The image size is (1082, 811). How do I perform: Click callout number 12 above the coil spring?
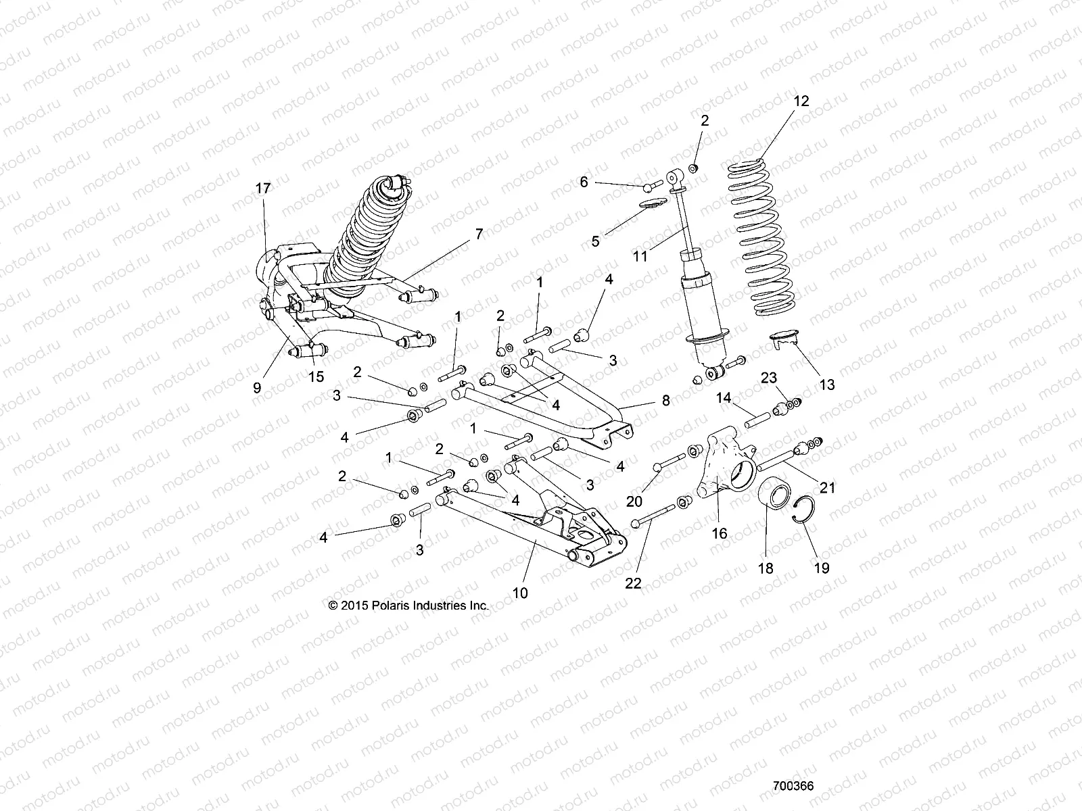coord(801,101)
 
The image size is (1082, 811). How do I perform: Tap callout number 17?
coord(263,188)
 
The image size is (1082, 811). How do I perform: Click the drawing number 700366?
coord(793,787)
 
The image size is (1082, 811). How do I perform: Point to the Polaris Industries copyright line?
coord(408,606)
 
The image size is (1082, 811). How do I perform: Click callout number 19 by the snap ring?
coord(821,568)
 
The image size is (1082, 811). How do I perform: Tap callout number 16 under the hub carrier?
coord(720,534)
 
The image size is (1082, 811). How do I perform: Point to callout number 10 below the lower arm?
coord(520,593)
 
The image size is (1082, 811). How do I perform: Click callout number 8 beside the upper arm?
coord(665,400)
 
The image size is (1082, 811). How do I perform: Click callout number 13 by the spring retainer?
coord(826,385)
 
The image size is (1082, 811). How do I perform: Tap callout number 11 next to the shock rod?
coord(640,256)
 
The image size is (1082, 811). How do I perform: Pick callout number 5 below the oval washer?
coord(595,241)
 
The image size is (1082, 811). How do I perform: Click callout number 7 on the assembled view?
coord(479,234)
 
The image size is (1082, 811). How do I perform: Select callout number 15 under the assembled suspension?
coord(316,376)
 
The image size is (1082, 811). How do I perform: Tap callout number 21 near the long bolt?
coord(828,487)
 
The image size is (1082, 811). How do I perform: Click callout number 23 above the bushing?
coord(769,378)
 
